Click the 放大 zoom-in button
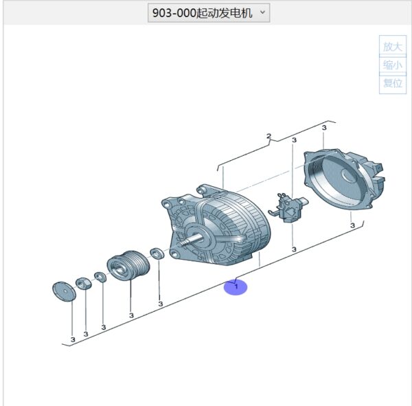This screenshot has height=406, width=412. point(393,46)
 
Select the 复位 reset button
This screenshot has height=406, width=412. point(393,83)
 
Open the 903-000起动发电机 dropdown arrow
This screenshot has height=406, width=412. point(262,12)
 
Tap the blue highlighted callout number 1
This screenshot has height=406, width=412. point(236,287)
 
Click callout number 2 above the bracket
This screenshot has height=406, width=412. point(268,136)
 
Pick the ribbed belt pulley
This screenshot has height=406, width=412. point(128,265)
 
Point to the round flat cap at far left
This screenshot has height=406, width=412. point(64,291)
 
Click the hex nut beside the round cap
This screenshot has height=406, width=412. point(84,283)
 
